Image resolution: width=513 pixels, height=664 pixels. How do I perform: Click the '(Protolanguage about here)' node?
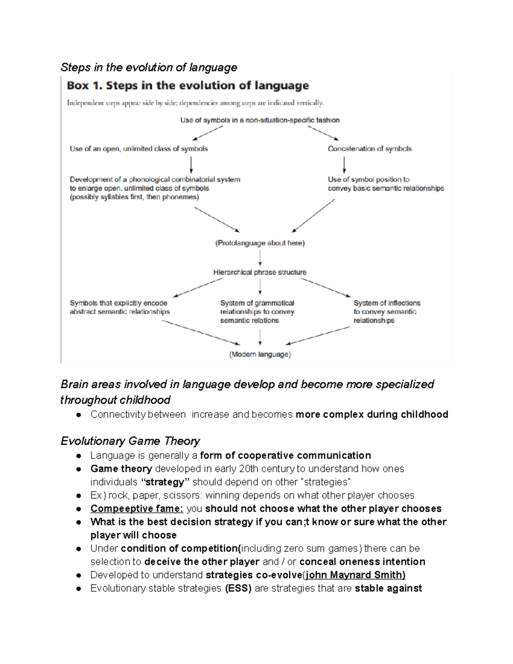259,243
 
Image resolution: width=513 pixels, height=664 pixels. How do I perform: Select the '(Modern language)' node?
260,354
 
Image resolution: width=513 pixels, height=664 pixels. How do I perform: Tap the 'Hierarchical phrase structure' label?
259,272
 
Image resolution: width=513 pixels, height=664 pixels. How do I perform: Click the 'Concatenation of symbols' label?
369,149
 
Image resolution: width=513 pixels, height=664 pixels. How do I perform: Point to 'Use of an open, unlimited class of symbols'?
139,149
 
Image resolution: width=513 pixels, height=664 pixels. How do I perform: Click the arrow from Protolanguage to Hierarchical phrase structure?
260,258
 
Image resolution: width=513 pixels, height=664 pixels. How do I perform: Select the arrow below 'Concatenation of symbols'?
344,164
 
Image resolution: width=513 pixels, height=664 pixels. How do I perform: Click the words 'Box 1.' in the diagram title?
84,86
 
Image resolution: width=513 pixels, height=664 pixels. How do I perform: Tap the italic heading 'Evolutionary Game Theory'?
130,441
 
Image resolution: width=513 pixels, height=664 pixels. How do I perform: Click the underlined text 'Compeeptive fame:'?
136,508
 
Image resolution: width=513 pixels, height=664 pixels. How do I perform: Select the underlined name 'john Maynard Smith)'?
355,575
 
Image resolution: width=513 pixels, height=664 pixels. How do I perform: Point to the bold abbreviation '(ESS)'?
238,588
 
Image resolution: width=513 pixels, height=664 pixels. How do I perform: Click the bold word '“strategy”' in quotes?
165,482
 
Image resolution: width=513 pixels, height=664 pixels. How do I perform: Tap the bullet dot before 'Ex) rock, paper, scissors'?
79,496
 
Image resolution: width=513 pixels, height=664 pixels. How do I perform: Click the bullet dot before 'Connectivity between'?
79,415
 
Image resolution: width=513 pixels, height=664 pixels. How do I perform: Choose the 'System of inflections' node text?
386,303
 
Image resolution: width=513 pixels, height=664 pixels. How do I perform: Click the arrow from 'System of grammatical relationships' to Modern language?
260,337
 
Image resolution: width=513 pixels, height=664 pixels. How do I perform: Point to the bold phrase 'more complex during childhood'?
371,414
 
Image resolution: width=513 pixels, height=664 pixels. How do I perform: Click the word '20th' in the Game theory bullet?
248,469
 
